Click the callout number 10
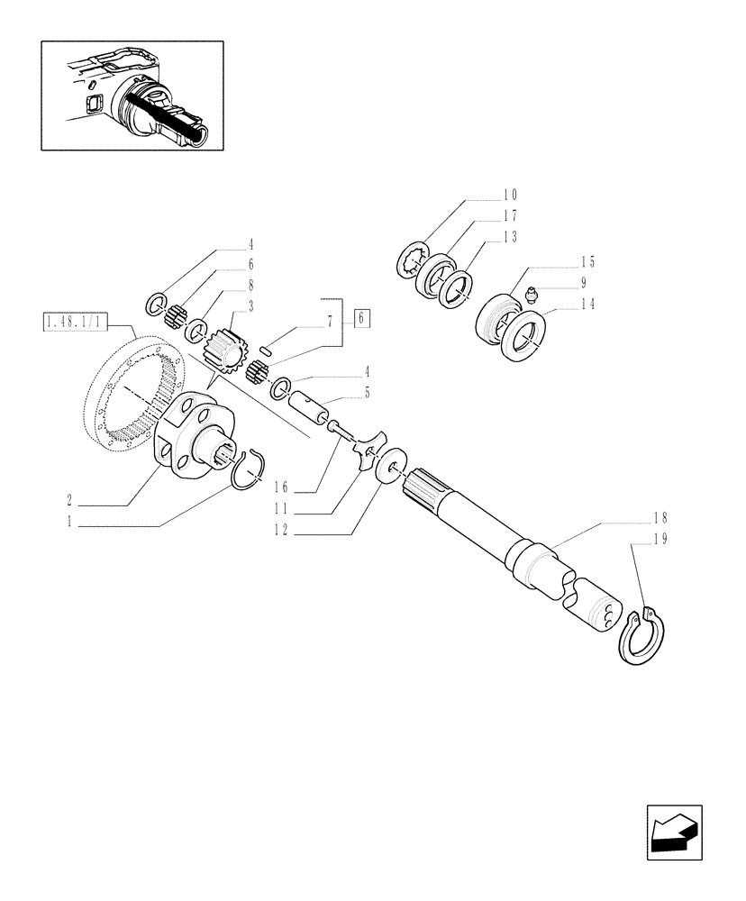click(510, 195)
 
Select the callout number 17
click(510, 216)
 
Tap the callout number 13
click(510, 238)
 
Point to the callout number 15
click(587, 262)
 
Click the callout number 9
click(587, 283)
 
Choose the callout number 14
click(587, 305)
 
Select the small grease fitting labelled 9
click(531, 294)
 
